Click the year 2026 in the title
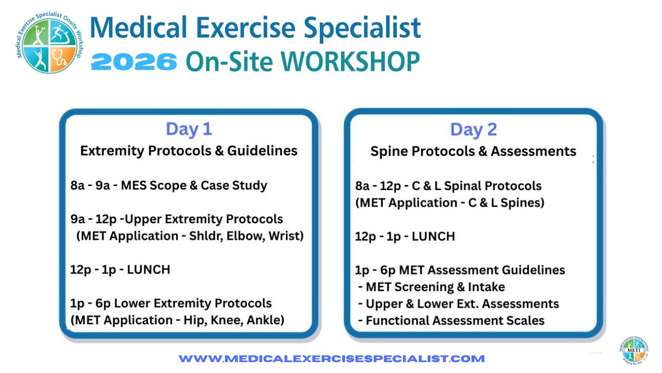tap(134, 62)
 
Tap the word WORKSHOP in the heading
tap(350, 62)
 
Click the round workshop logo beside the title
tap(50, 42)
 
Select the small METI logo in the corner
tap(634, 351)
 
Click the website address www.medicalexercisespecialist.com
tap(332, 359)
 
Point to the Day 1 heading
tap(189, 129)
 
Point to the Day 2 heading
tap(473, 130)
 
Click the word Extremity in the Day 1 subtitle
tap(112, 151)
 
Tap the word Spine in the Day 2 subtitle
tap(389, 152)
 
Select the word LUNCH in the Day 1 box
tap(148, 270)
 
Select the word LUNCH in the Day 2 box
tap(433, 237)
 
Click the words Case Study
tap(234, 185)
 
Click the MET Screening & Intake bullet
tap(431, 287)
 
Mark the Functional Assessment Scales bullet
tap(451, 321)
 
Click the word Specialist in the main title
tap(362, 28)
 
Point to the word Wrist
tap(286, 236)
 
